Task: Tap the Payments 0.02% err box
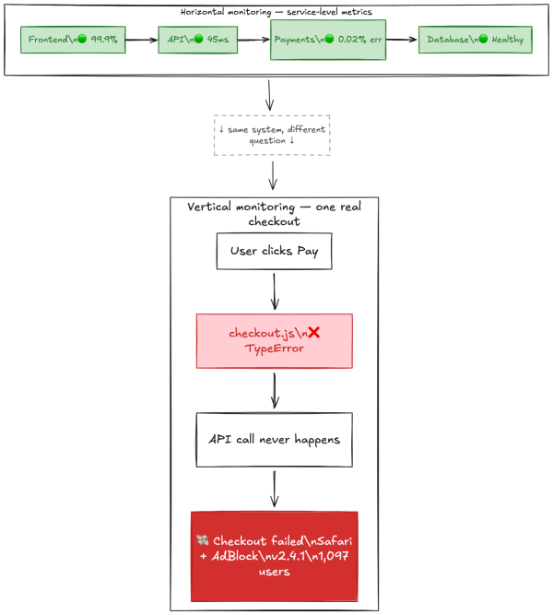click(x=328, y=40)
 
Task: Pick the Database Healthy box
click(x=476, y=40)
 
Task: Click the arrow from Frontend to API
click(x=141, y=40)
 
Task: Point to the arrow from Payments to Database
click(x=402, y=40)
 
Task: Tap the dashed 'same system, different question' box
click(x=271, y=136)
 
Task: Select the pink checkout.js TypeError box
click(x=274, y=341)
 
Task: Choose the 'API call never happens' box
click(x=274, y=439)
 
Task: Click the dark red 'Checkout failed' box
click(x=274, y=556)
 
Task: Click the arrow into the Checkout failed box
click(x=274, y=489)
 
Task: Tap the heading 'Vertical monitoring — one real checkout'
click(x=274, y=214)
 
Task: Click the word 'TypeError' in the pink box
click(x=274, y=349)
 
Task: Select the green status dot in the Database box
click(x=485, y=40)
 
